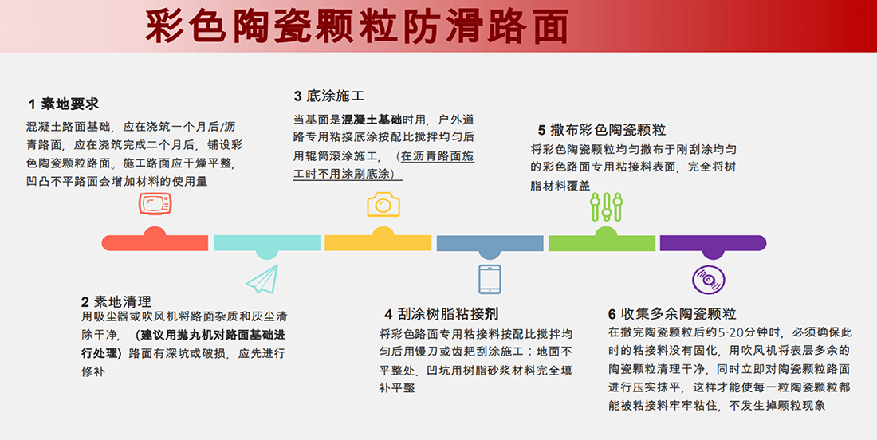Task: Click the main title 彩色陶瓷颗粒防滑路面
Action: pyautogui.click(x=357, y=26)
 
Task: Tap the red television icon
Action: pyautogui.click(x=155, y=203)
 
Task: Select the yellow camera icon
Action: pyautogui.click(x=383, y=204)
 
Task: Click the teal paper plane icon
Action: pyautogui.click(x=262, y=278)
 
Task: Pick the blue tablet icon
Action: pyautogui.click(x=490, y=279)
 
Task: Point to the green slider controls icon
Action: pyautogui.click(x=606, y=206)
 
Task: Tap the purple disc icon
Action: pyautogui.click(x=709, y=279)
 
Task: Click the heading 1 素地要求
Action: pyautogui.click(x=64, y=104)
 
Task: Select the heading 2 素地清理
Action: pyautogui.click(x=116, y=302)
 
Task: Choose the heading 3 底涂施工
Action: pyautogui.click(x=328, y=96)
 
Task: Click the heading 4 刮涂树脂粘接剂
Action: pyautogui.click(x=442, y=313)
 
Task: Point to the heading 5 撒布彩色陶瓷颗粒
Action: pyautogui.click(x=602, y=130)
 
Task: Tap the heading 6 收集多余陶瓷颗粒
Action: pyautogui.click(x=672, y=314)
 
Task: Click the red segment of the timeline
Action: pyautogui.click(x=155, y=242)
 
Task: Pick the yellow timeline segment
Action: pyautogui.click(x=378, y=242)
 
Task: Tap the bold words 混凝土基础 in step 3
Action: pyautogui.click(x=372, y=120)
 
